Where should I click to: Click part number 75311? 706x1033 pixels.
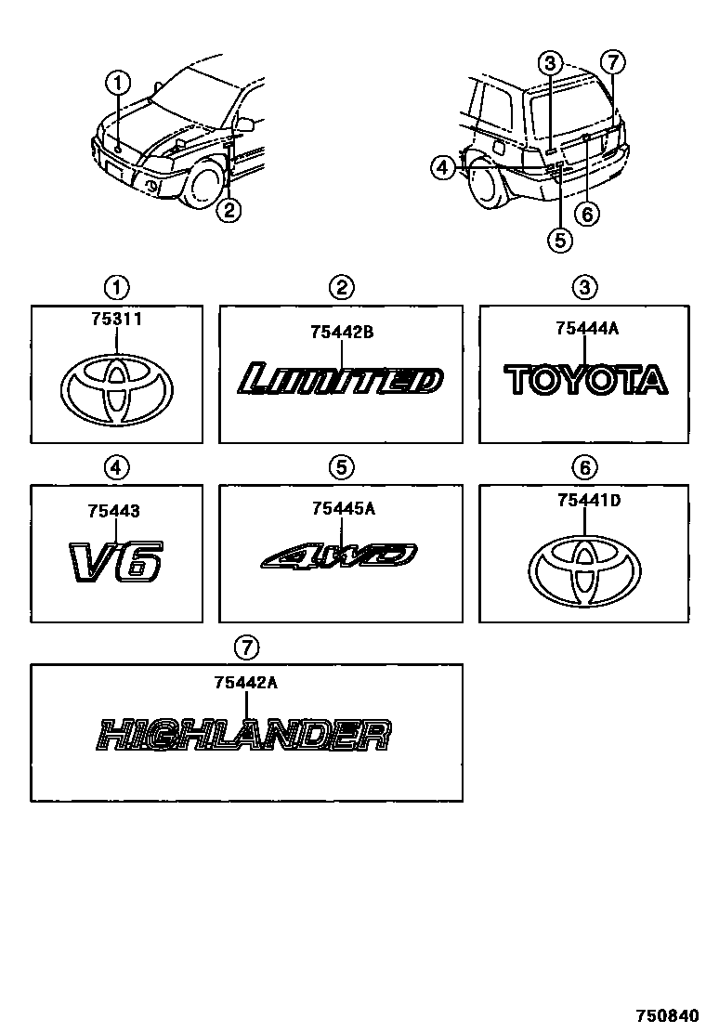[x=116, y=319]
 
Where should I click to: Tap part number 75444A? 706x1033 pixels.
[x=584, y=328]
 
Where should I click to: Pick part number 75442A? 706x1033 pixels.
[x=245, y=683]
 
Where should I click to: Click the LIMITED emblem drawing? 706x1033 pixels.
[x=340, y=381]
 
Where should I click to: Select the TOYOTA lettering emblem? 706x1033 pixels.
[x=585, y=379]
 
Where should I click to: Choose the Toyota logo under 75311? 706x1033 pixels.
[x=116, y=391]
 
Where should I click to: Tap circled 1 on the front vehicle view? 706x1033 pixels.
[x=118, y=83]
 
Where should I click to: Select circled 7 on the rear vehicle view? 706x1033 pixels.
[x=612, y=63]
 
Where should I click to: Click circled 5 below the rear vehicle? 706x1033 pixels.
[x=559, y=240]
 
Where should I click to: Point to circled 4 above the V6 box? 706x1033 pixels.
[x=116, y=467]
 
